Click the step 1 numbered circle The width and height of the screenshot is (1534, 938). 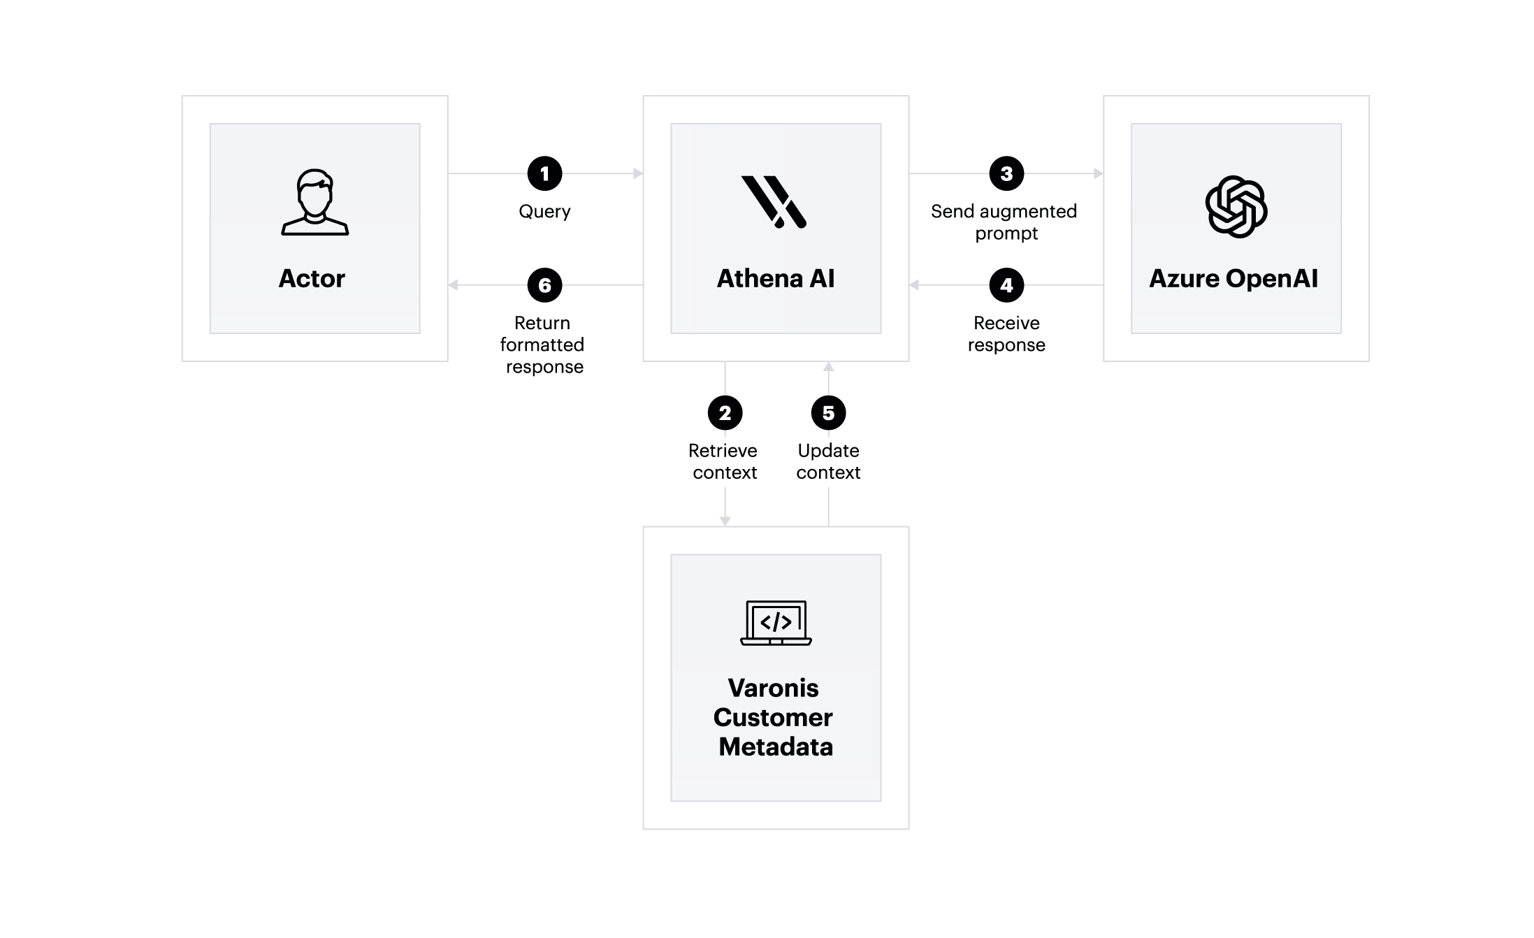(544, 173)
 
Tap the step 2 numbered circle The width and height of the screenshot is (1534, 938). (725, 413)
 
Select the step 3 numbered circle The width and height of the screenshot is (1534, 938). (1006, 173)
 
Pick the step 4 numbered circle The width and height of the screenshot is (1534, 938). (1006, 285)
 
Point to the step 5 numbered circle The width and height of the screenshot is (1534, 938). (828, 413)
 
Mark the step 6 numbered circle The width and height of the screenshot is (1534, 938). (544, 285)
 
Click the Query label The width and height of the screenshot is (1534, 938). (544, 212)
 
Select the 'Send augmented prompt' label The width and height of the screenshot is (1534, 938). (1005, 222)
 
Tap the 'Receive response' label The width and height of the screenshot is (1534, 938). (1006, 334)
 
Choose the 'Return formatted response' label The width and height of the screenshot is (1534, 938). (543, 345)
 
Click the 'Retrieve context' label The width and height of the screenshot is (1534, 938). (724, 461)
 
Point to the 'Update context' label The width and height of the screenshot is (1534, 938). (828, 461)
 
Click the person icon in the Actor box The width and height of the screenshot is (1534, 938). (314, 203)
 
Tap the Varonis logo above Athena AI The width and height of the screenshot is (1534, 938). (774, 202)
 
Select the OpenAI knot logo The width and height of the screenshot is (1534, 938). (1236, 207)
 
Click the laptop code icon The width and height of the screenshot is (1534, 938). (776, 623)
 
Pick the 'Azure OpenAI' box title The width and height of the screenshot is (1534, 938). (1233, 278)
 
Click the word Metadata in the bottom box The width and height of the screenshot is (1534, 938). (776, 746)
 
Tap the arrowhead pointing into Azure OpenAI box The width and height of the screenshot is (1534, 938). (1099, 173)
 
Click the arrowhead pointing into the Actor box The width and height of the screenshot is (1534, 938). (453, 285)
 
